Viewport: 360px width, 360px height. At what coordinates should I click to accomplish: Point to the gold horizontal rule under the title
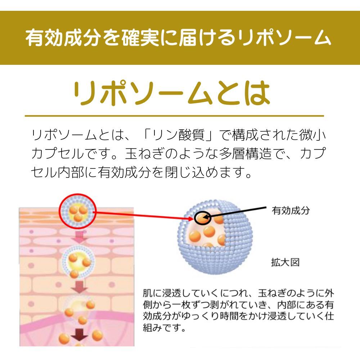[174, 116]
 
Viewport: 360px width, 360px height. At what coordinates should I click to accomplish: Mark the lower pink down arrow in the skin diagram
[78, 287]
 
